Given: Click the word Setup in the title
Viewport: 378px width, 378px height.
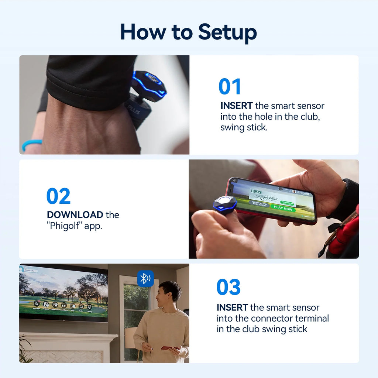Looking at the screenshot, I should coord(227,32).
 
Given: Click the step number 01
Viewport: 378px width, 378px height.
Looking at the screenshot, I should coord(230,87).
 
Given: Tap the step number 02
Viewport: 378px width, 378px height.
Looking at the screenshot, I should coord(58,196).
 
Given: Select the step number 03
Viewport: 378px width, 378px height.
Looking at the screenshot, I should coord(228,287).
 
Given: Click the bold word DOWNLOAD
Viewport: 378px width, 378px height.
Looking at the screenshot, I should coord(75,214).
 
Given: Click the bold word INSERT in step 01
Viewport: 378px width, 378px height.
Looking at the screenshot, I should coord(236,106).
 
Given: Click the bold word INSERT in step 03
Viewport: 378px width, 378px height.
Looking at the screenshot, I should coord(232,307).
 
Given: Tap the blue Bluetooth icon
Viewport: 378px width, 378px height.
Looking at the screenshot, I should coord(145,278).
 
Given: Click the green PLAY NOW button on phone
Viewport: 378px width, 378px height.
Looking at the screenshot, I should coord(283,208).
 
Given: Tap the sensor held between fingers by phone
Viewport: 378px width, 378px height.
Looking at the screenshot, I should coord(225,205).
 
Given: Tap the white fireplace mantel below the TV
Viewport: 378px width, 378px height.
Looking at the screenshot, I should coord(68,337).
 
